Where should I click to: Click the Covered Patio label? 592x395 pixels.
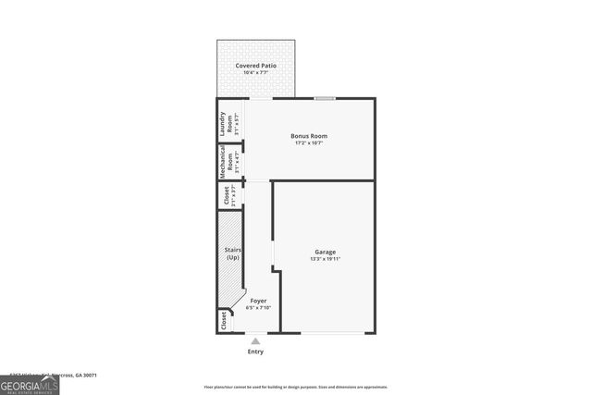[x=256, y=66]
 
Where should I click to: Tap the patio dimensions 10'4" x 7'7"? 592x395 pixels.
[x=256, y=72]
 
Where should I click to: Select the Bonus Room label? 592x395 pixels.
[x=310, y=136]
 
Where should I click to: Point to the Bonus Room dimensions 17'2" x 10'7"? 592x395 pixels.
[x=310, y=142]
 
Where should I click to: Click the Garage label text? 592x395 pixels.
[x=325, y=252]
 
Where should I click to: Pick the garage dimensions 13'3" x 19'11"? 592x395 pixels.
[x=325, y=259]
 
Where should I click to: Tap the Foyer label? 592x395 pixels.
[x=258, y=301]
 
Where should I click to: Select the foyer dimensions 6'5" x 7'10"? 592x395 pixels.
[x=258, y=307]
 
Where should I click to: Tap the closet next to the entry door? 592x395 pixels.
[x=223, y=320]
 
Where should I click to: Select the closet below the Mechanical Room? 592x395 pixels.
[x=224, y=195]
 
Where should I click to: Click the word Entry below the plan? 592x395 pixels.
[x=256, y=352]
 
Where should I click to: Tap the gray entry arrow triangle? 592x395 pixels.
[x=256, y=340]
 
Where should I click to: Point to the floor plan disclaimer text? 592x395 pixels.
[x=295, y=388]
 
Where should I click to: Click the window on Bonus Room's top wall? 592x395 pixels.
[x=324, y=98]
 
